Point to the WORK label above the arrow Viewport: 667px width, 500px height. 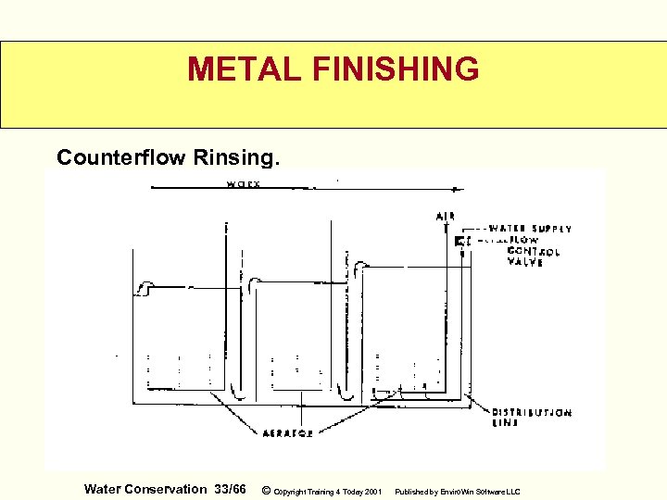(243, 183)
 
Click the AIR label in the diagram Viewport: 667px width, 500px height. (445, 217)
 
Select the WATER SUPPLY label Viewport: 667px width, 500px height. (530, 229)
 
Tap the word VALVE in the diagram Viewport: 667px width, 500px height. (524, 262)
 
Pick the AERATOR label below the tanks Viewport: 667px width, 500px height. (287, 433)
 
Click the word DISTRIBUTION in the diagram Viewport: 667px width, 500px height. (531, 412)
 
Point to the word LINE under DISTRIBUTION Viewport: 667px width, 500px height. (506, 423)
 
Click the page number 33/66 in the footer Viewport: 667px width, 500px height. (230, 489)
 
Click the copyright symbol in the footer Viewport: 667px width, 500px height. (267, 490)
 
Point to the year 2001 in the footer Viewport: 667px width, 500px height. (371, 491)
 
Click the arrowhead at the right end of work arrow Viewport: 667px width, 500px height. (460, 189)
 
